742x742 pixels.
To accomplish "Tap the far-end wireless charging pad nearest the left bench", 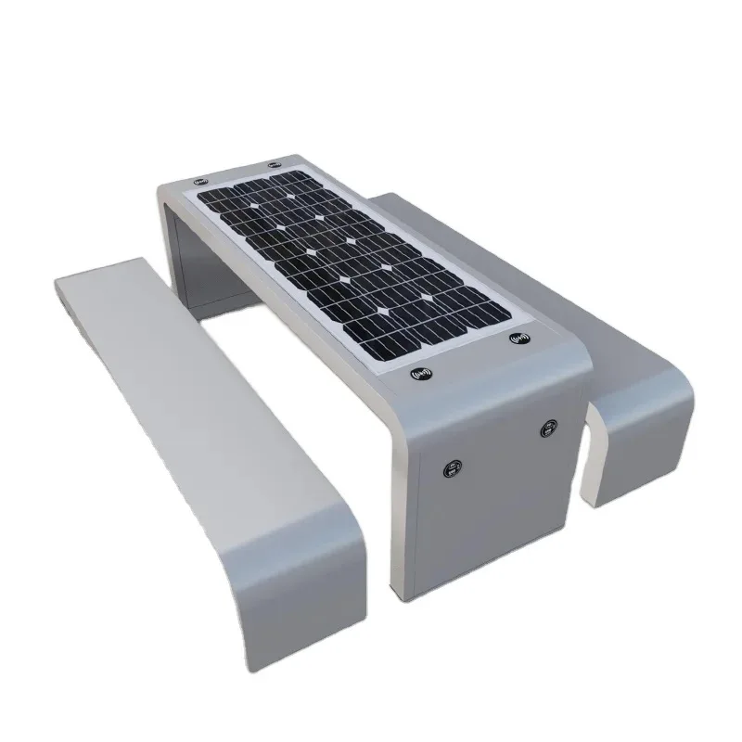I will (x=199, y=180).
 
